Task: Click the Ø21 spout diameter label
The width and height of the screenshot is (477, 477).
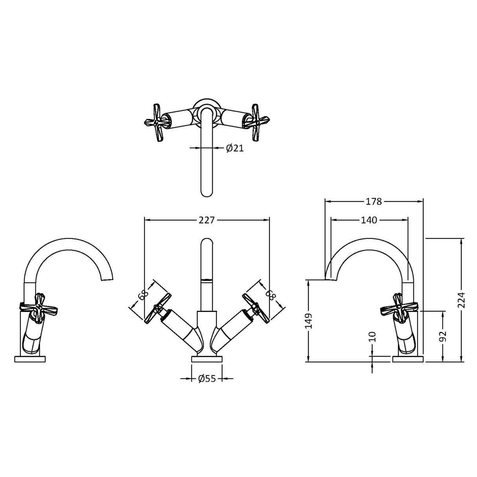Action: (x=235, y=148)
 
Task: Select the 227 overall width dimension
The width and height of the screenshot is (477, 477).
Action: (x=206, y=220)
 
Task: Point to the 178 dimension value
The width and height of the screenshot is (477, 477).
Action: (x=374, y=202)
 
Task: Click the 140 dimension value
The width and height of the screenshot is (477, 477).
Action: (x=369, y=220)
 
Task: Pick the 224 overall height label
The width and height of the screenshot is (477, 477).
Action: (x=461, y=300)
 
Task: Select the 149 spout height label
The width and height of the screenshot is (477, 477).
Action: (x=308, y=321)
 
